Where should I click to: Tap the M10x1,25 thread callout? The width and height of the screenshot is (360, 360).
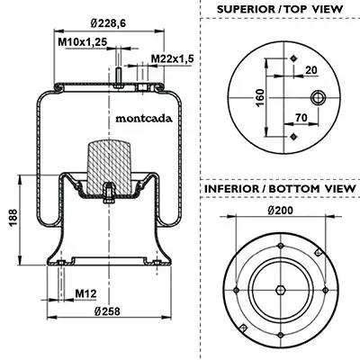(82, 42)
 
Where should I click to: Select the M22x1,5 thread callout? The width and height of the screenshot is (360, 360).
(172, 58)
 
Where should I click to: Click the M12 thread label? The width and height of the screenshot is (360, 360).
(85, 293)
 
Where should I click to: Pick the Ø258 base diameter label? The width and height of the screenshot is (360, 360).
(107, 311)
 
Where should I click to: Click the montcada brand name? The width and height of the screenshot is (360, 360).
(144, 119)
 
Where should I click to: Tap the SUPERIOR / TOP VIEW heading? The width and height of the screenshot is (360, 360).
(280, 9)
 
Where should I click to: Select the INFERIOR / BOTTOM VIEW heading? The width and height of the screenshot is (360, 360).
(280, 189)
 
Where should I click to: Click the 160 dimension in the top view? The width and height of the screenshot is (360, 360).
(260, 97)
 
